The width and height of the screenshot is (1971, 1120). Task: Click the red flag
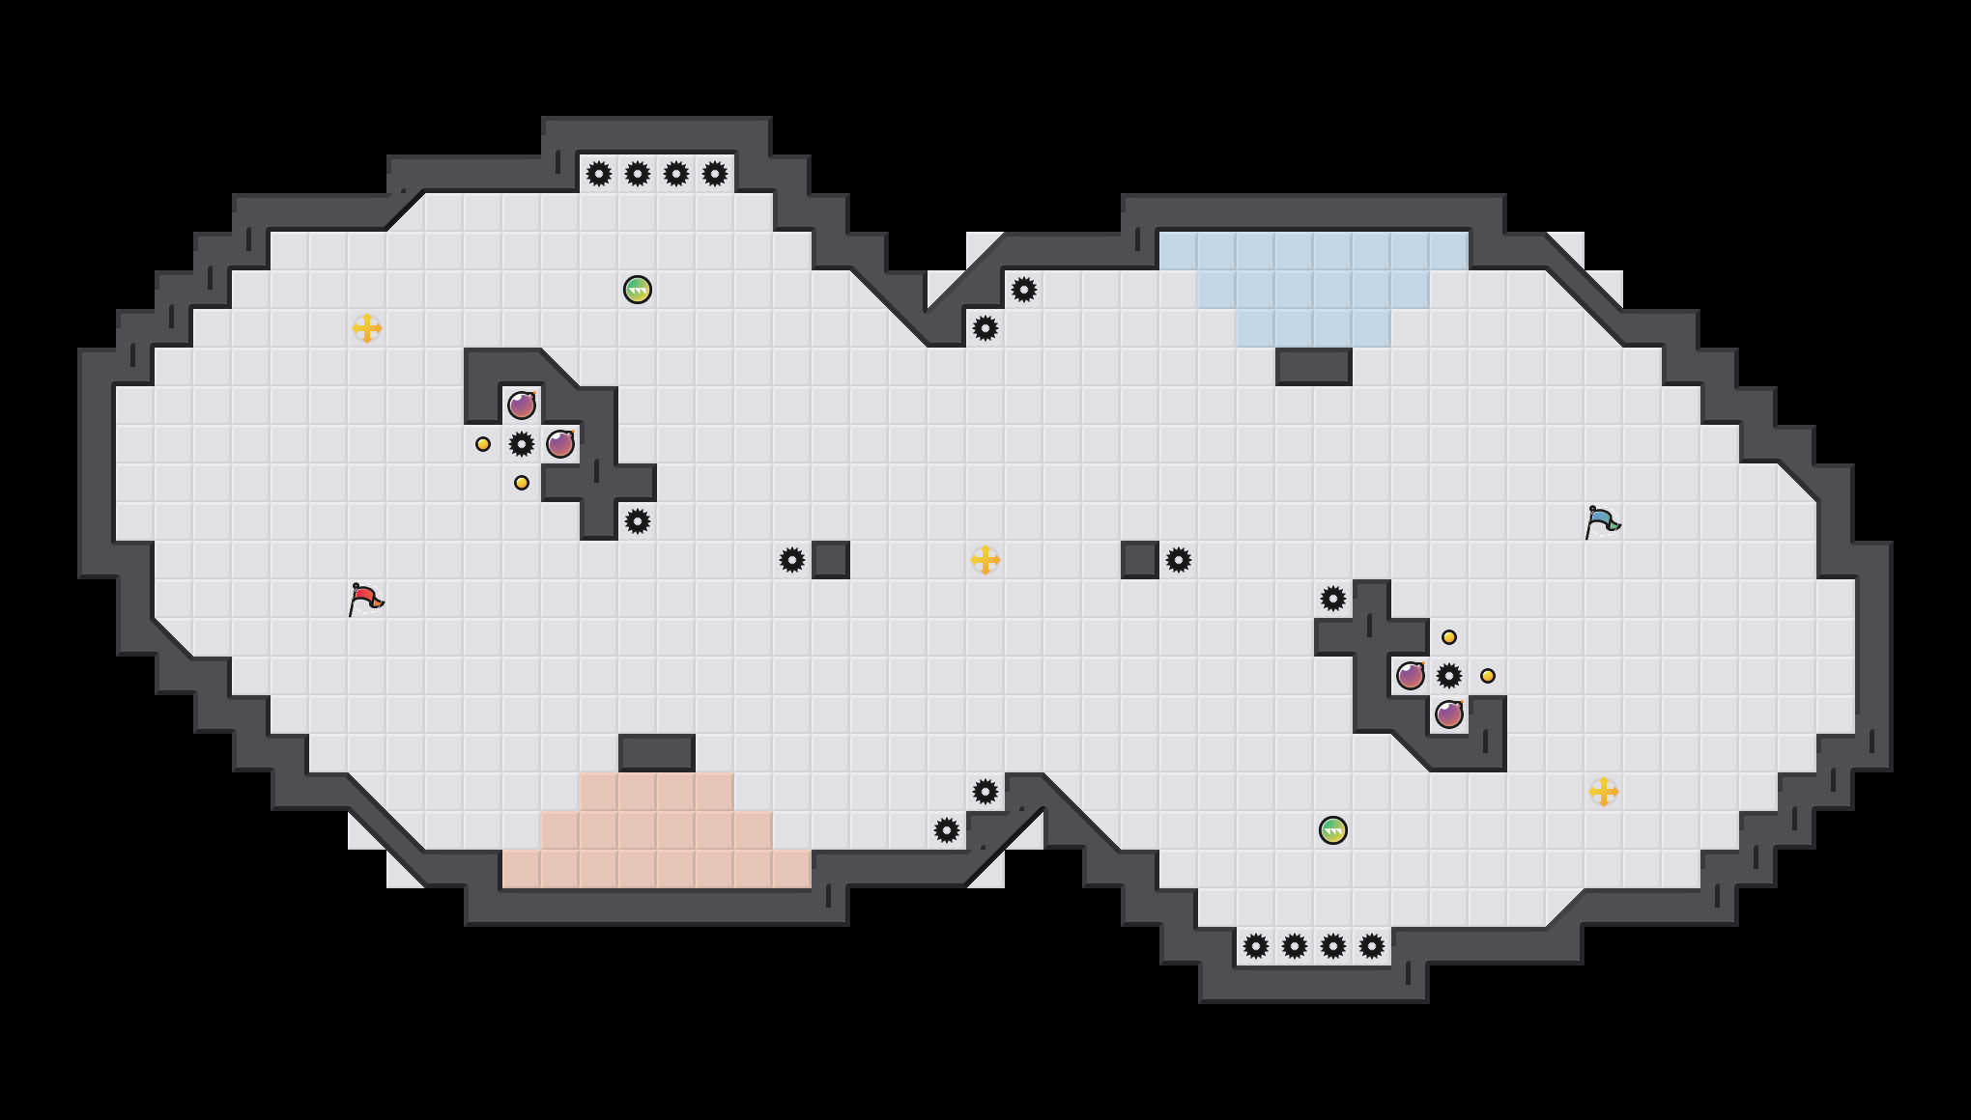pos(365,599)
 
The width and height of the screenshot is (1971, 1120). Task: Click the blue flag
pos(1602,521)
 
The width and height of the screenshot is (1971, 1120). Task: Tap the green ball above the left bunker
pos(638,290)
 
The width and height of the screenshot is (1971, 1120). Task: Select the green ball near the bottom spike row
pos(1333,830)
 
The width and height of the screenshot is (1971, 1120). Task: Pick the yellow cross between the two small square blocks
pos(985,560)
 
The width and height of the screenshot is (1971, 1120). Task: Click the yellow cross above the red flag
pos(367,328)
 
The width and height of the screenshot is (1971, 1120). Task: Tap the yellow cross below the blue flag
pos(1604,792)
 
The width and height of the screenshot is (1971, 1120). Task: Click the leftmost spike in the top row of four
pos(599,174)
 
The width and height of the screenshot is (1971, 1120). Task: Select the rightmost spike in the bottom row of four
pos(1372,946)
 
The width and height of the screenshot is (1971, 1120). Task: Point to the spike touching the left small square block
pos(792,560)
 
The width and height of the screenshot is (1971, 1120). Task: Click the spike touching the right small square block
pos(1179,560)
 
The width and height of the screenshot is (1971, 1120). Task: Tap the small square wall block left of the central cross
pos(831,560)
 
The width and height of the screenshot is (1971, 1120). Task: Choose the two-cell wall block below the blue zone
pos(1314,367)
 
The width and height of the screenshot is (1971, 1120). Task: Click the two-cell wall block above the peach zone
pos(657,753)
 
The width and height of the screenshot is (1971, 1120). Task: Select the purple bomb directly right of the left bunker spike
pos(560,444)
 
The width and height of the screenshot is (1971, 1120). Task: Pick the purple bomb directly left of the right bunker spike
pos(1411,676)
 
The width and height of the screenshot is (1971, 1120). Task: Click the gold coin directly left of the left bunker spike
pos(483,444)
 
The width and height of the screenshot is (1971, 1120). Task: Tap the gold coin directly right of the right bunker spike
pos(1488,676)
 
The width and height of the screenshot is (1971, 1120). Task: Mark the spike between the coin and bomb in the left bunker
pos(522,444)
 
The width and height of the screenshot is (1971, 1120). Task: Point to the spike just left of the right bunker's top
pos(1333,599)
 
